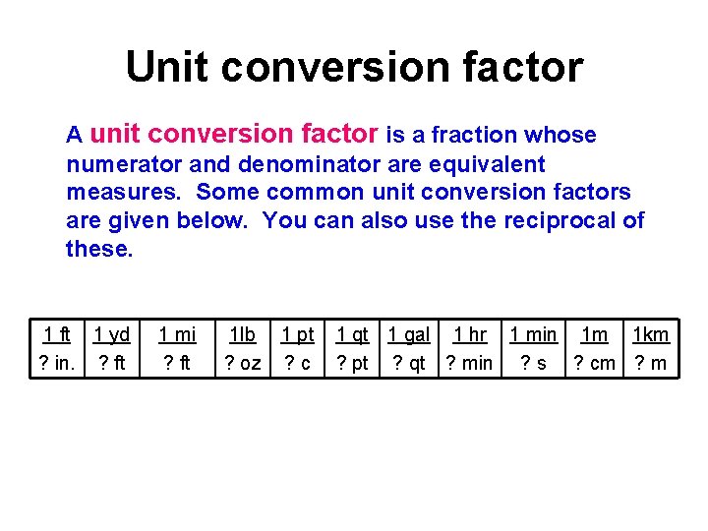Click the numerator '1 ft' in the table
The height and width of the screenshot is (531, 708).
(x=56, y=335)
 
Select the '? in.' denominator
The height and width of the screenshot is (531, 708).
(x=56, y=364)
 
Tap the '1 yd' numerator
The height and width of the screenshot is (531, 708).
(x=111, y=335)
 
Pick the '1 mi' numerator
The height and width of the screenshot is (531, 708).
(x=178, y=335)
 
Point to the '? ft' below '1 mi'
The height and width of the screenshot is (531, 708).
(x=178, y=364)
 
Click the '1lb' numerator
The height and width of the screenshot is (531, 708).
(x=242, y=335)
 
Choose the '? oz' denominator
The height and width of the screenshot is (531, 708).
(x=243, y=364)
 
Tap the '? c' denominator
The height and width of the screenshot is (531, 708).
(x=298, y=364)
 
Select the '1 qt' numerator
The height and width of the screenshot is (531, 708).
(x=352, y=335)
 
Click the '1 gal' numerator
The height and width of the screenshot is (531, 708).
(x=409, y=335)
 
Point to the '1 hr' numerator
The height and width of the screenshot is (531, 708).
(x=470, y=335)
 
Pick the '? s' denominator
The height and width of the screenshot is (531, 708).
(x=534, y=364)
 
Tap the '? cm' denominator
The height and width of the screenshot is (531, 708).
(x=595, y=364)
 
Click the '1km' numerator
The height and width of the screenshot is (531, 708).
(x=651, y=335)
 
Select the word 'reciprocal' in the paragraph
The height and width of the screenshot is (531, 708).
(x=554, y=220)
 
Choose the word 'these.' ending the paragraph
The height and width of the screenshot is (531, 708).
(x=99, y=249)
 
